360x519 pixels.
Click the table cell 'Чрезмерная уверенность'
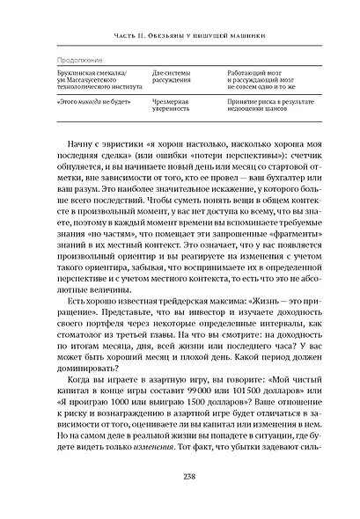pos(173,106)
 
